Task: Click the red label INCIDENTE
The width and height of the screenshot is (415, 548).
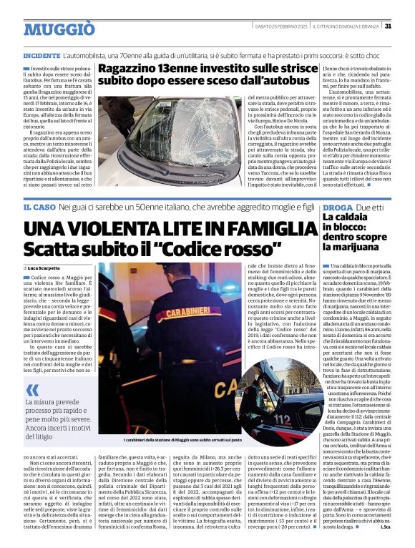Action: [x=41, y=55]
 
